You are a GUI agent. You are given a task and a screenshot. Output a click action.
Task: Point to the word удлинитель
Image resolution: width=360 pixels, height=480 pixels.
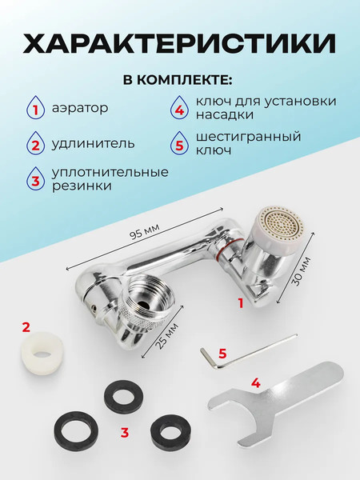click(94, 144)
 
